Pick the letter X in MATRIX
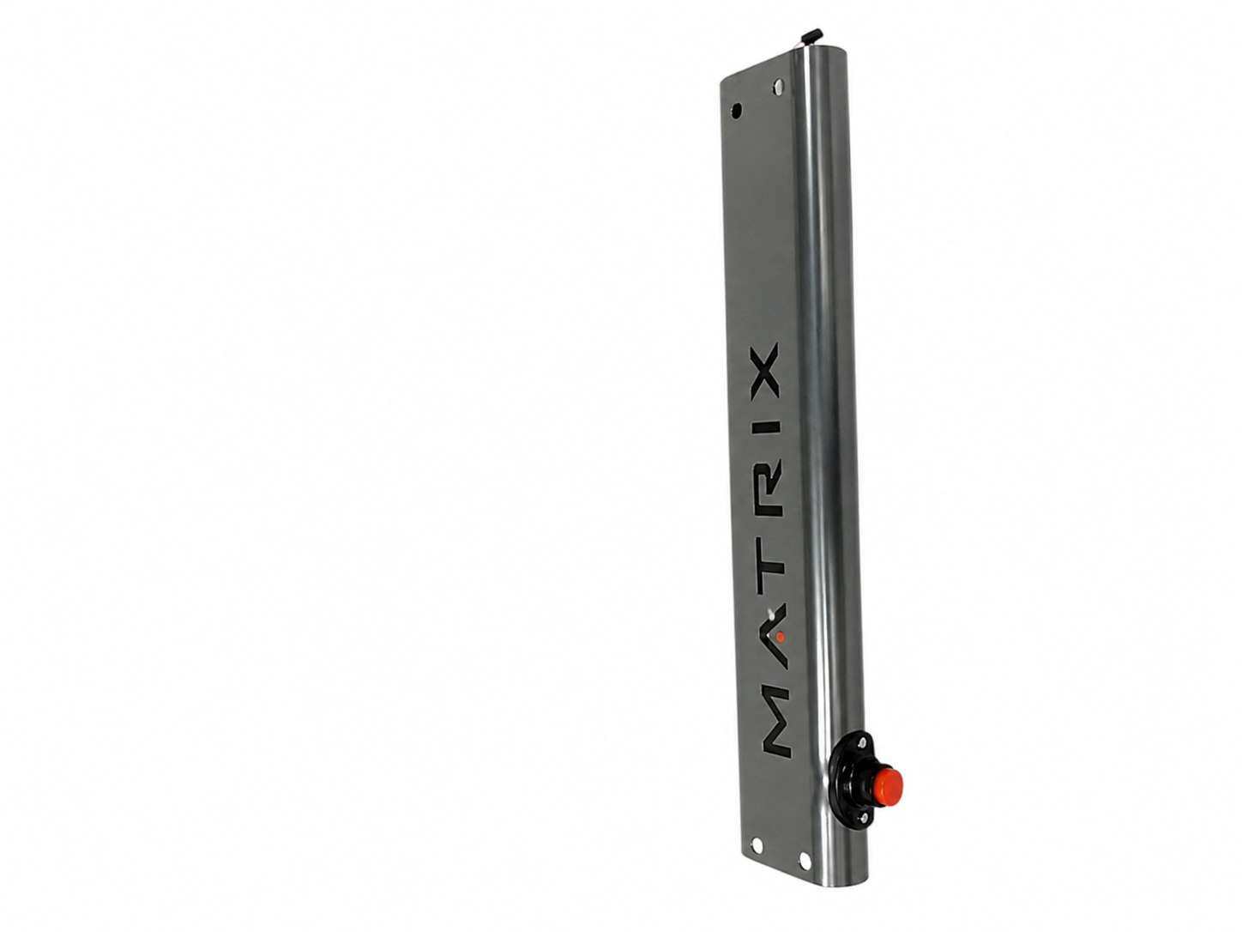[766, 370]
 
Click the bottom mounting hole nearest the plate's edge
[756, 862]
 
